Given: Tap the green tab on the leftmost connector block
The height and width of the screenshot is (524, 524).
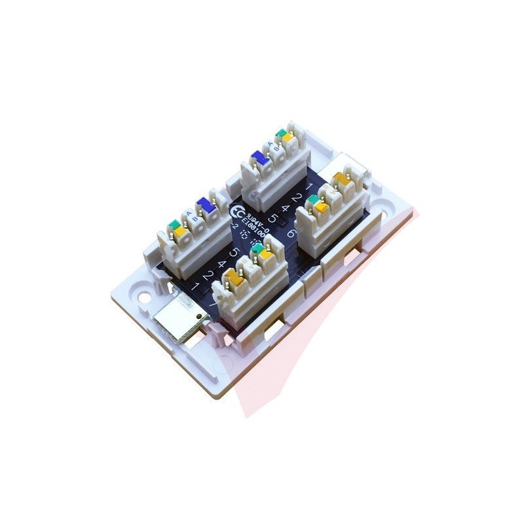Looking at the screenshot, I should tap(175, 224).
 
